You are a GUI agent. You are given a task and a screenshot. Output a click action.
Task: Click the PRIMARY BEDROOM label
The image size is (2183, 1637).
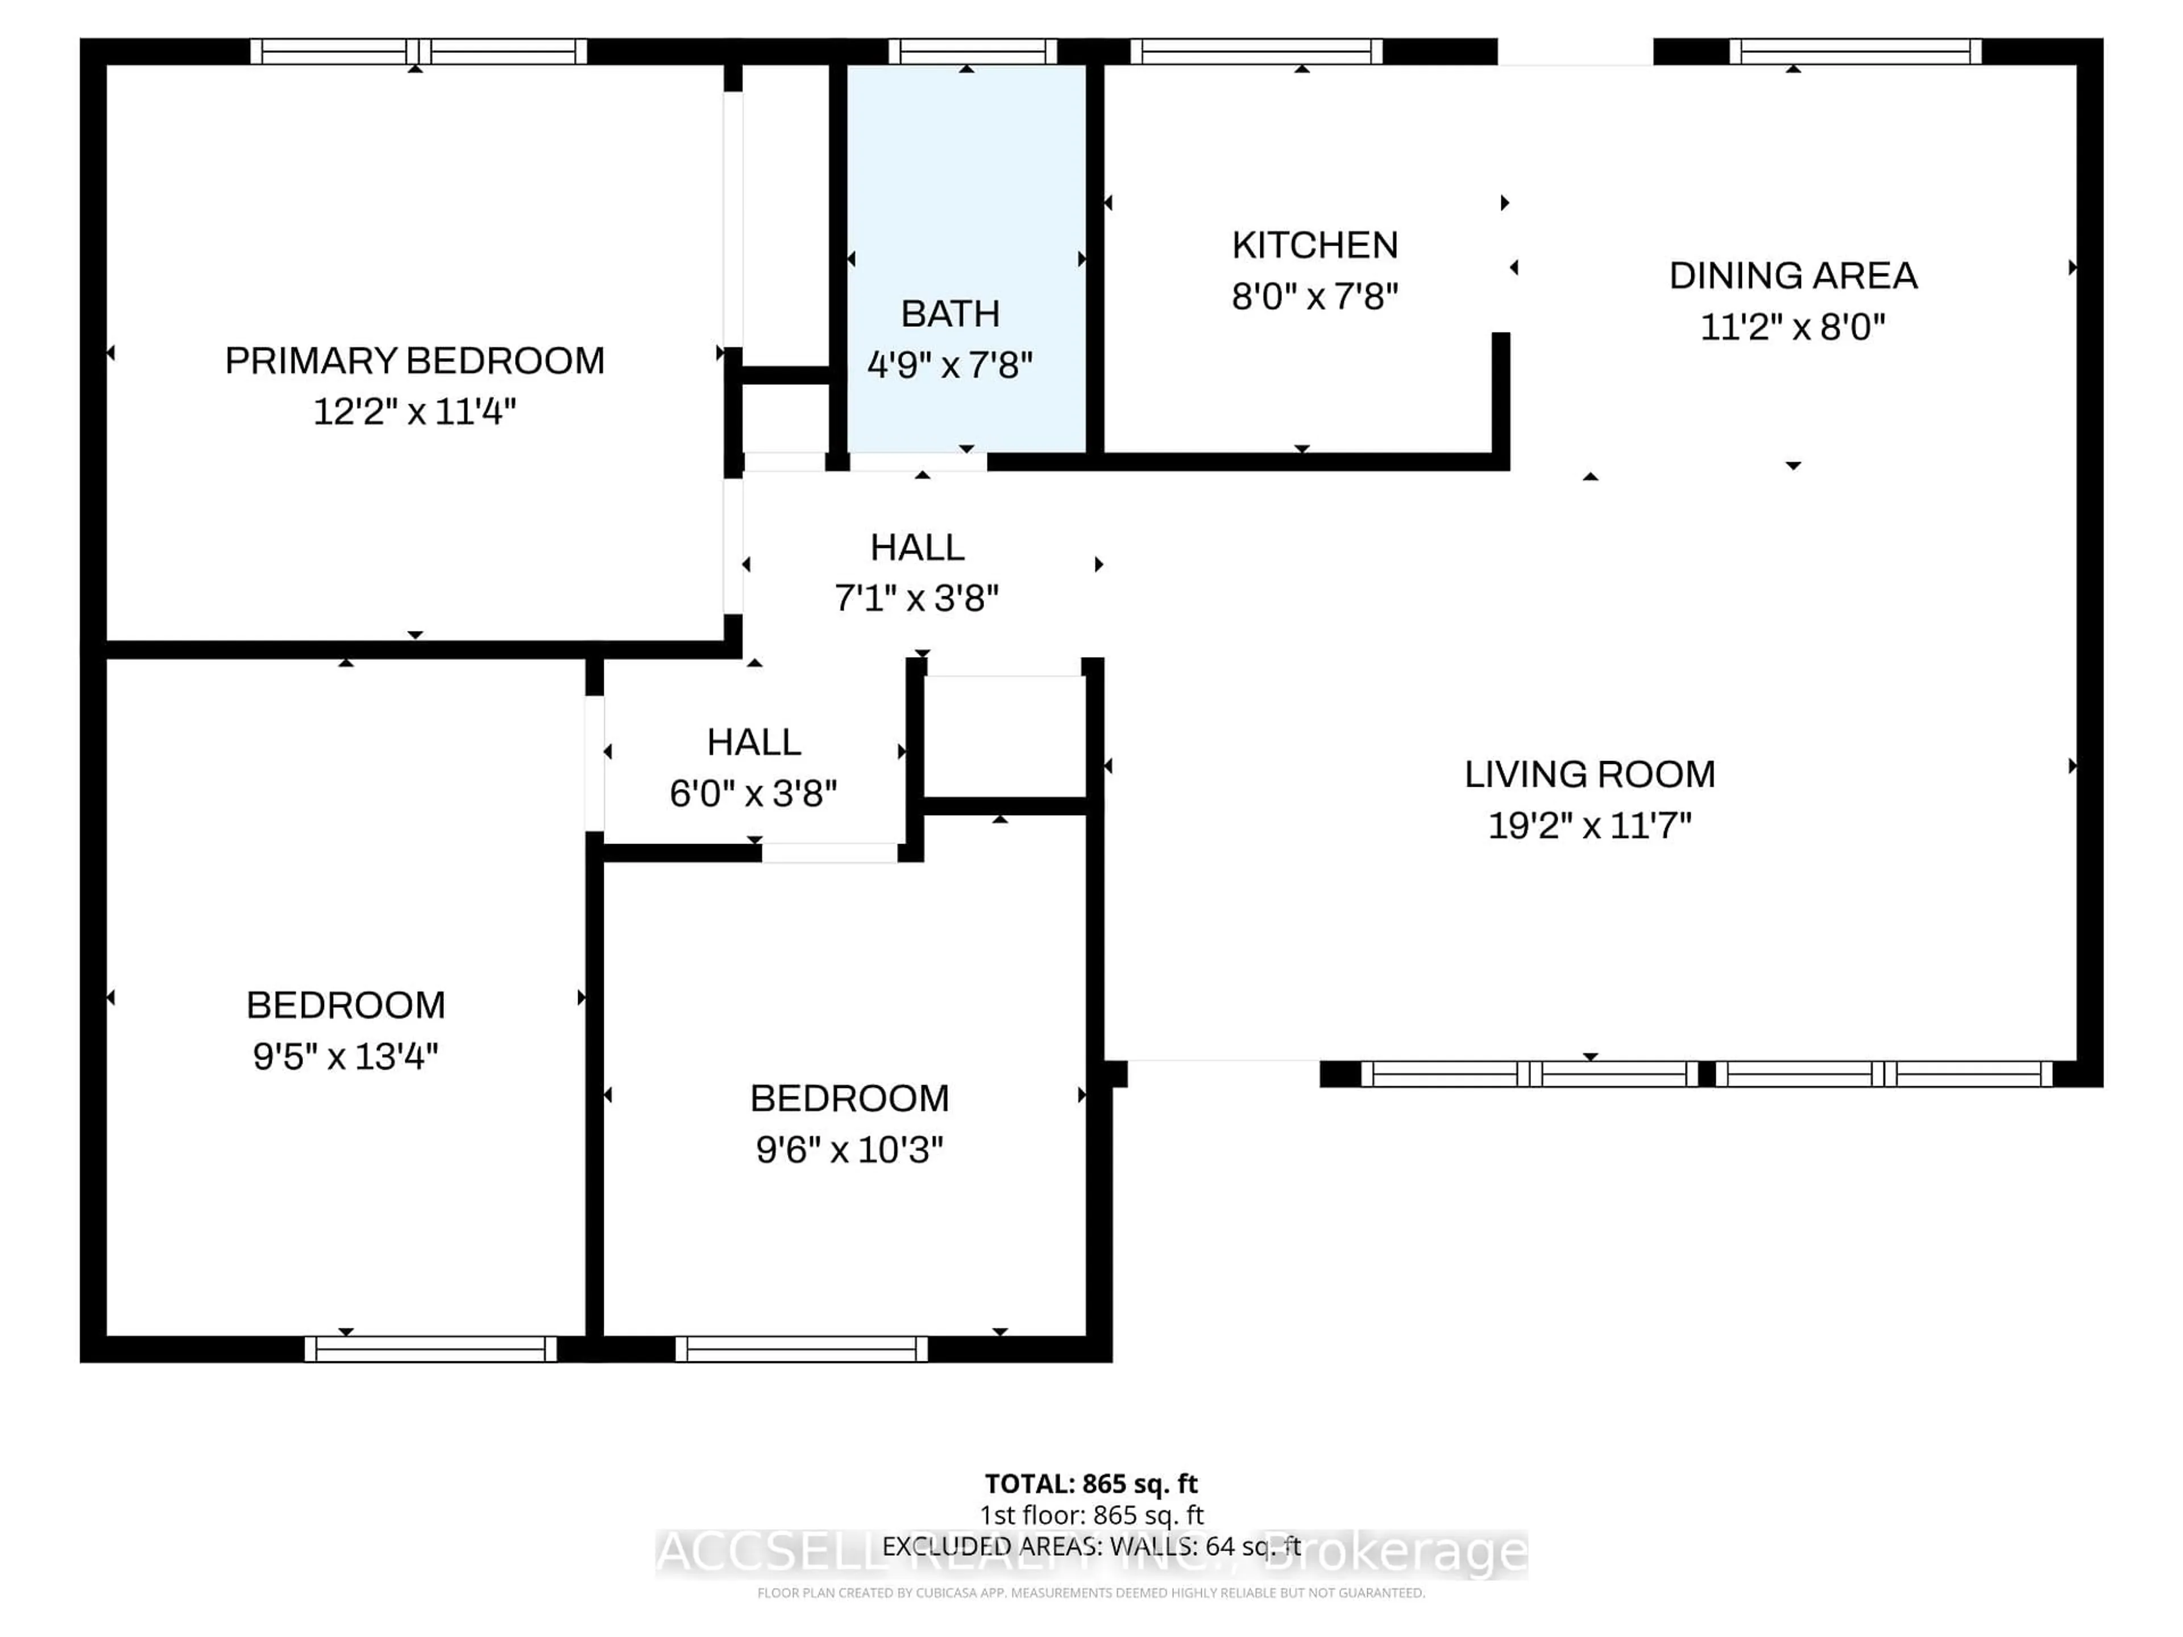(x=414, y=361)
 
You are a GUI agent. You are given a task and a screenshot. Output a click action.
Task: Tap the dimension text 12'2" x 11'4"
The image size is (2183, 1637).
(x=414, y=412)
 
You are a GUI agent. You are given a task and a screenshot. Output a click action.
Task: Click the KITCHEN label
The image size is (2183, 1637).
(x=1314, y=245)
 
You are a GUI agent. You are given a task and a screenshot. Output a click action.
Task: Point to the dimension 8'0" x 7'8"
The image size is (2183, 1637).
(x=1314, y=296)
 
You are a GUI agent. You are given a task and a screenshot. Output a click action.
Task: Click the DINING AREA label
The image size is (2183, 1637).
(x=1792, y=275)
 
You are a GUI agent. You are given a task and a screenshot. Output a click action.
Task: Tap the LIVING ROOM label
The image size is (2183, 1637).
(x=1589, y=775)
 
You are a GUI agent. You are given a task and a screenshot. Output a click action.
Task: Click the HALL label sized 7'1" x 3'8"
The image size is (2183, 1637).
(x=917, y=547)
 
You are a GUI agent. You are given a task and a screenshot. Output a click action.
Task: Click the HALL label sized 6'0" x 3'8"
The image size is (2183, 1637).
(x=754, y=742)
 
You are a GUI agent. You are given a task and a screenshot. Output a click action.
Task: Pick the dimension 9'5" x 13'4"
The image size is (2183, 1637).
(x=346, y=1057)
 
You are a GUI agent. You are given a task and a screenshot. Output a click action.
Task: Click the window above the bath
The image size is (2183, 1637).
(x=972, y=51)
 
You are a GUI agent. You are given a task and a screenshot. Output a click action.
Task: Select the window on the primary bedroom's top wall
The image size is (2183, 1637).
(x=418, y=51)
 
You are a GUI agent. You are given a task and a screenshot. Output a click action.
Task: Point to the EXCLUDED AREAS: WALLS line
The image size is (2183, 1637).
(x=1090, y=1546)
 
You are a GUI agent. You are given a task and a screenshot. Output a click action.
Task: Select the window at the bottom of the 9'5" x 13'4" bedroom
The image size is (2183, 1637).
(x=430, y=1349)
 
